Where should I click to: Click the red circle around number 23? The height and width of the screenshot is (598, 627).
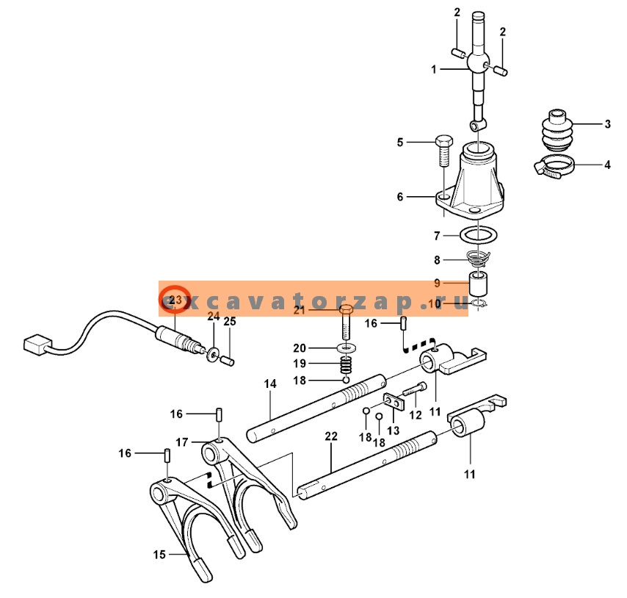(175, 299)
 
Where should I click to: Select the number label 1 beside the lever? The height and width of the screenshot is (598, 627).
(434, 70)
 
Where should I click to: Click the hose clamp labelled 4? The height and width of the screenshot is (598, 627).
(556, 167)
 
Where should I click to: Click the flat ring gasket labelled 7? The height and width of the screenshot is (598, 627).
(479, 236)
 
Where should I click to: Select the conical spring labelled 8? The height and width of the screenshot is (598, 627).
(479, 259)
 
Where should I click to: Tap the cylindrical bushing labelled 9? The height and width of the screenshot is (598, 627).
(479, 283)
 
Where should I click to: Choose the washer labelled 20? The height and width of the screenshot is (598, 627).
(345, 347)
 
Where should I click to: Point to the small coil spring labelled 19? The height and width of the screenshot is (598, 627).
(345, 364)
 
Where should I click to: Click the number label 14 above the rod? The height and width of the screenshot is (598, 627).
(270, 384)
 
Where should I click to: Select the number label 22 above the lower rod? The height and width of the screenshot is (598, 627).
(331, 436)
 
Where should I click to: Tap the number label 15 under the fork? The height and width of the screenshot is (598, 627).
(159, 555)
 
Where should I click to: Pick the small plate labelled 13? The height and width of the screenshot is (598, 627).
(394, 403)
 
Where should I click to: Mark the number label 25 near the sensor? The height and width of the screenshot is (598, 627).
(230, 322)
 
